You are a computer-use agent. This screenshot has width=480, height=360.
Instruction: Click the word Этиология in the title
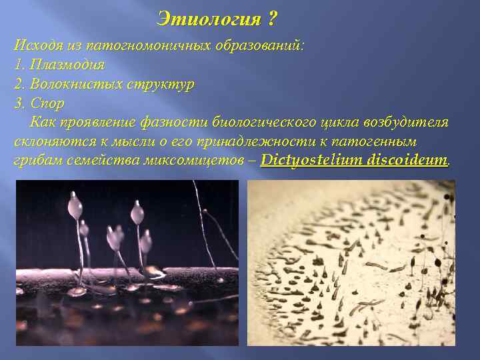[208, 19]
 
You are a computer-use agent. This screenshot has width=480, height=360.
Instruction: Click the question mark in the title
[271, 19]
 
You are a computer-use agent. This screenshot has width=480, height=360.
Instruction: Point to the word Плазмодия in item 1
[67, 65]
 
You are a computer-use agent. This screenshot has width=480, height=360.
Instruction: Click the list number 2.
[18, 85]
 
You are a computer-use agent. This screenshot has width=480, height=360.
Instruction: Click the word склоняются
[49, 142]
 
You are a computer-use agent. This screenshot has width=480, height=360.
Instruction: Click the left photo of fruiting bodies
[127, 263]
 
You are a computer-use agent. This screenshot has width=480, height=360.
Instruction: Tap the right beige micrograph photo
[351, 263]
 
